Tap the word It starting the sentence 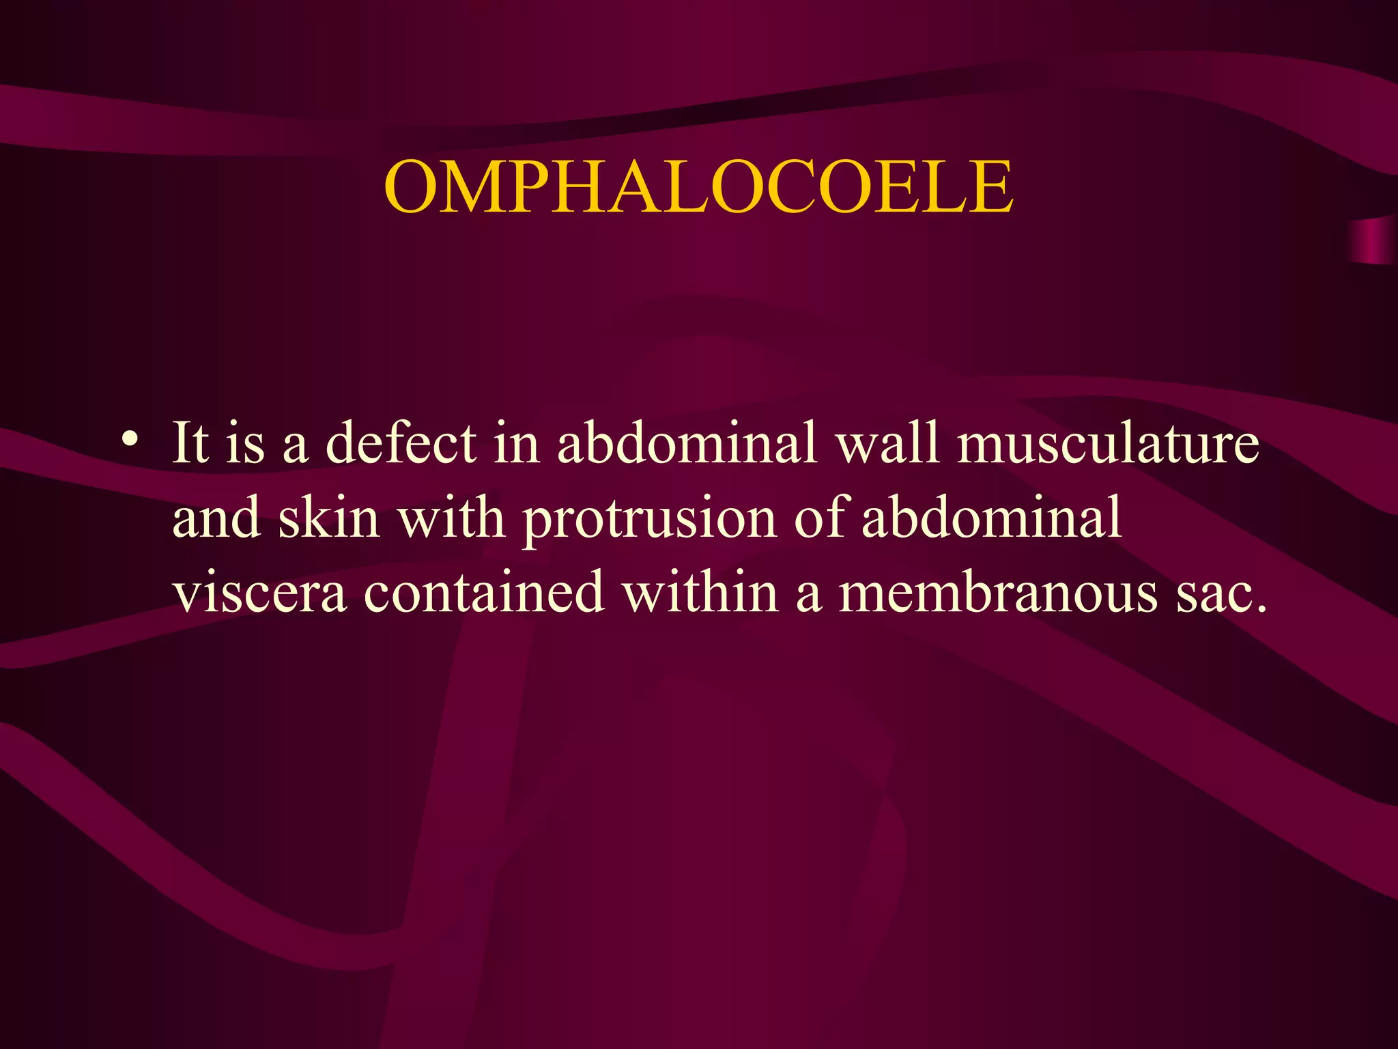pyautogui.click(x=190, y=443)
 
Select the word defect pyautogui.click(x=401, y=443)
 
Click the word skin pyautogui.click(x=328, y=518)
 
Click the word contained pyautogui.click(x=484, y=591)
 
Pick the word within pyautogui.click(x=700, y=591)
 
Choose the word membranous pyautogui.click(x=997, y=591)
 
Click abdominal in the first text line pyautogui.click(x=687, y=443)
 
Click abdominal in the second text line pyautogui.click(x=991, y=518)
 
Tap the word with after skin pyautogui.click(x=451, y=518)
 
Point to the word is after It pyautogui.click(x=245, y=443)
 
